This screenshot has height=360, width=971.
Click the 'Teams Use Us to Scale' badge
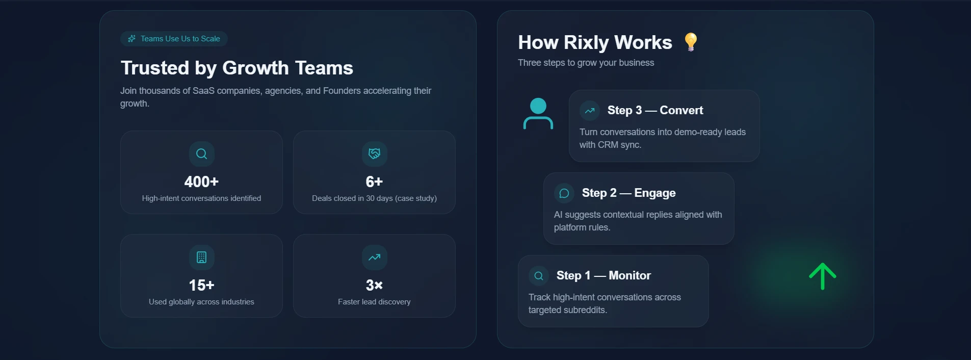pos(174,39)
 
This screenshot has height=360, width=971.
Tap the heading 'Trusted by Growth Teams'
pos(237,68)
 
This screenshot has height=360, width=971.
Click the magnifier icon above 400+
pos(201,153)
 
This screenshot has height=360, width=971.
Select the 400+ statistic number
pos(201,182)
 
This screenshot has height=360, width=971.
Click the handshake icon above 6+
pos(374,153)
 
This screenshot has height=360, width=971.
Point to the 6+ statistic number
pos(374,182)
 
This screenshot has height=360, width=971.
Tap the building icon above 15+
pos(201,257)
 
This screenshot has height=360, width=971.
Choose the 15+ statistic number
pos(201,285)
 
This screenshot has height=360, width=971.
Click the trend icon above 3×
pos(374,257)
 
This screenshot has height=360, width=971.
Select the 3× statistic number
pos(374,285)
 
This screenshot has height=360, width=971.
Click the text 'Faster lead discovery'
pos(374,302)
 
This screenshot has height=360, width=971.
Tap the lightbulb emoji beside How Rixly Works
pos(691,42)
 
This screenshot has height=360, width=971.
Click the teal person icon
pos(538,114)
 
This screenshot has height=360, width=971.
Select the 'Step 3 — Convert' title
pos(655,110)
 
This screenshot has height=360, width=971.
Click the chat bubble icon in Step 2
pos(564,193)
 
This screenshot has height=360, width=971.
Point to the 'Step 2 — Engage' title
pos(628,193)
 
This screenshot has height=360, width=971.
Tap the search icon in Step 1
pos(539,276)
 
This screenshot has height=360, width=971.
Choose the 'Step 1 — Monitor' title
pos(603,275)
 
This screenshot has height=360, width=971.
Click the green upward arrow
pos(822,276)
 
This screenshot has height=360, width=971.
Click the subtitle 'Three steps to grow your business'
pos(586,63)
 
